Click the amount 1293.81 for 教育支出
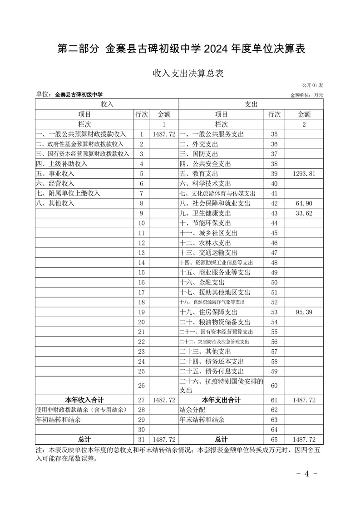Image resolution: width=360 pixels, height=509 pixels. (304, 174)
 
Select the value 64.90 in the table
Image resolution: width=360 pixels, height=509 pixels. (304, 204)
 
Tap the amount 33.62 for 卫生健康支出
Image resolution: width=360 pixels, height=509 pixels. (304, 214)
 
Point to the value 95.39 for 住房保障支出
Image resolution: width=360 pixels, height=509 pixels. (304, 312)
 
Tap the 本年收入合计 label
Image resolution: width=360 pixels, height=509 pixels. (84, 400)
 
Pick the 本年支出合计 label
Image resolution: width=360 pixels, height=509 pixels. (221, 400)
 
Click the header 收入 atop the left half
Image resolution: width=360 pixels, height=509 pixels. (107, 104)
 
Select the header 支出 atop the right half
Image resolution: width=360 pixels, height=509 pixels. (251, 104)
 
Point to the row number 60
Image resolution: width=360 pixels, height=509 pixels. (274, 386)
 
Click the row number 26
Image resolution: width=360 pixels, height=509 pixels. (141, 386)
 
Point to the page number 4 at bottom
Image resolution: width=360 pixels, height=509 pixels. (306, 474)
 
